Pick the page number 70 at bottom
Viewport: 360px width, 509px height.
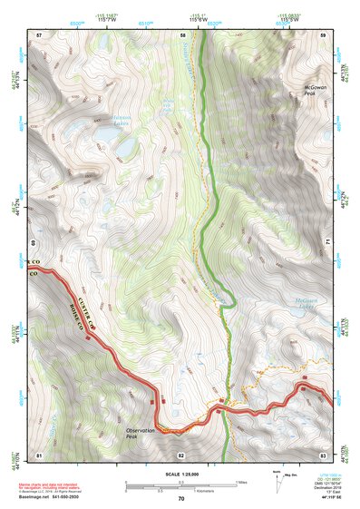[180, 498]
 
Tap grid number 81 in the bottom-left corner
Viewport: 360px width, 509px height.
[38, 454]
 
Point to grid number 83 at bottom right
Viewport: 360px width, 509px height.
[323, 454]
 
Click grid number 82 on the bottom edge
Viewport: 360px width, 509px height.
[180, 454]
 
